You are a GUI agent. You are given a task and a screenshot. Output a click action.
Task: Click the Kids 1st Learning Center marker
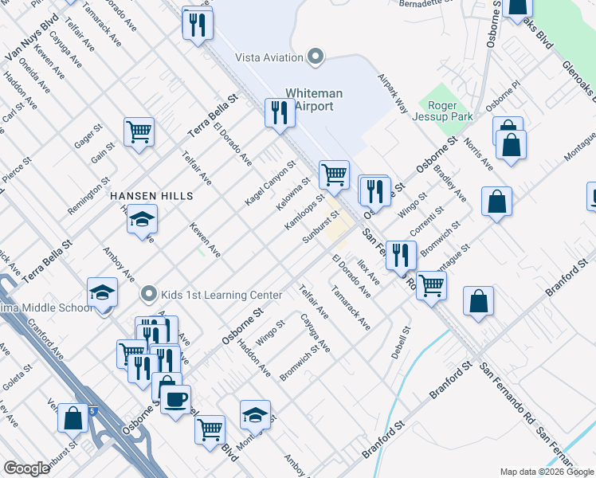point(147,295)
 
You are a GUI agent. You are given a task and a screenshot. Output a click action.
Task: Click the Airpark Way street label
point(393,94)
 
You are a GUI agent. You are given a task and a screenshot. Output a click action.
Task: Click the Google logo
point(25,468)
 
